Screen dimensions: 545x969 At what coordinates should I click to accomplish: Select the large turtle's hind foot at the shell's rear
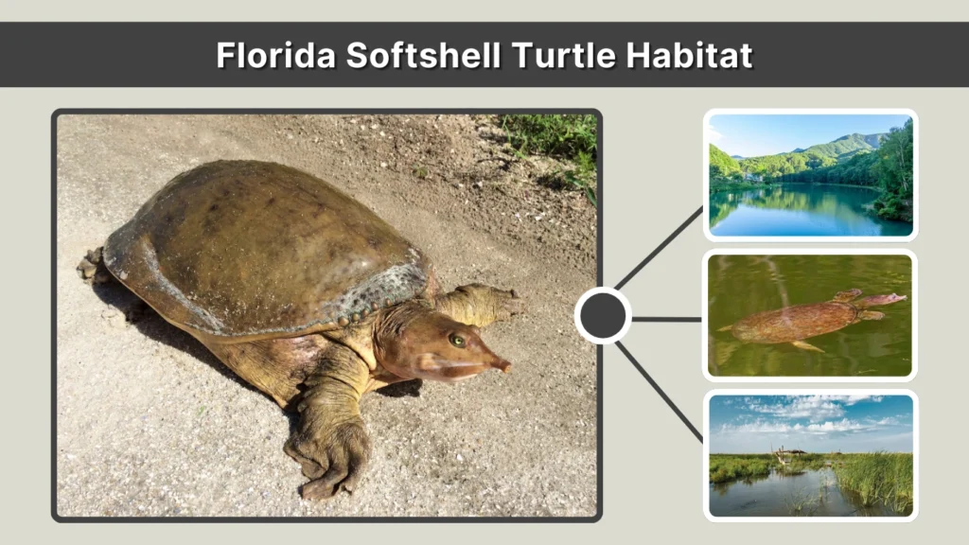click(91, 266)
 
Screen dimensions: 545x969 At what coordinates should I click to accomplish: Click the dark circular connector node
click(603, 315)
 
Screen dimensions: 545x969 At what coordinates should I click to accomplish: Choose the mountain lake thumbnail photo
click(810, 175)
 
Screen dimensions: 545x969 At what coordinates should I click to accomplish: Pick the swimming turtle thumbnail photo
click(810, 315)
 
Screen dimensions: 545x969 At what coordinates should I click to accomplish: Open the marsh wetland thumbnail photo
click(810, 455)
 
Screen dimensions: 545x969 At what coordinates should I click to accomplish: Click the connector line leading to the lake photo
click(659, 248)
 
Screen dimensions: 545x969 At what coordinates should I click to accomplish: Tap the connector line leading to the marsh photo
click(659, 382)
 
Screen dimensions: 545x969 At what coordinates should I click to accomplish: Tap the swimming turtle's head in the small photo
click(884, 300)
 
